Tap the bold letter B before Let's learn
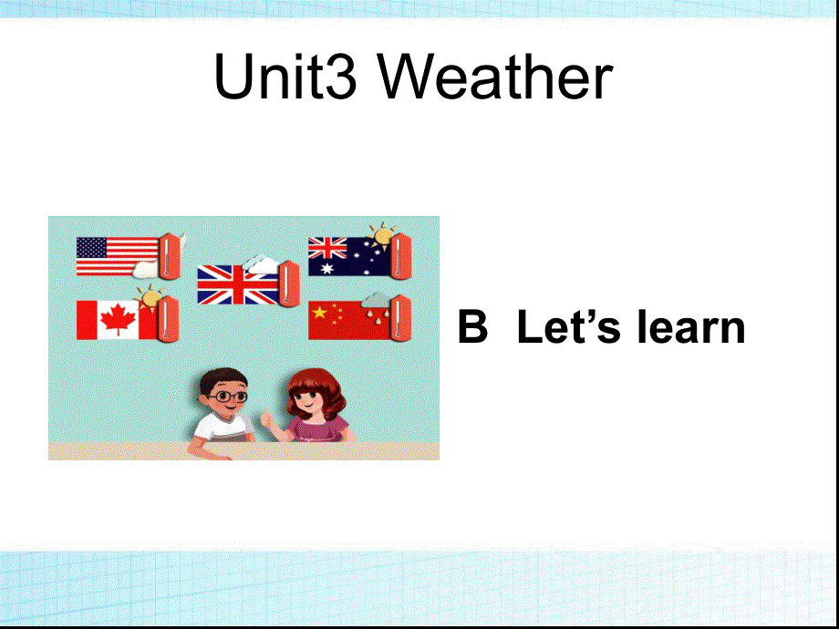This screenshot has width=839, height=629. (472, 327)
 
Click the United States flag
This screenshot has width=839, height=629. (117, 256)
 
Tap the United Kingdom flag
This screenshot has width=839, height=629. (235, 284)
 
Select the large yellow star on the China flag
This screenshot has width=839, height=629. (319, 314)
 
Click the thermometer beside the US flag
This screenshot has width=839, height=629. (169, 255)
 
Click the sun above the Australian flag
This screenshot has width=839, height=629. (380, 233)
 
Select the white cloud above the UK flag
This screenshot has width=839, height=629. (261, 264)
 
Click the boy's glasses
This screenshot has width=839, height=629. (228, 397)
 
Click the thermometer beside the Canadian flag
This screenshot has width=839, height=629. (169, 317)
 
